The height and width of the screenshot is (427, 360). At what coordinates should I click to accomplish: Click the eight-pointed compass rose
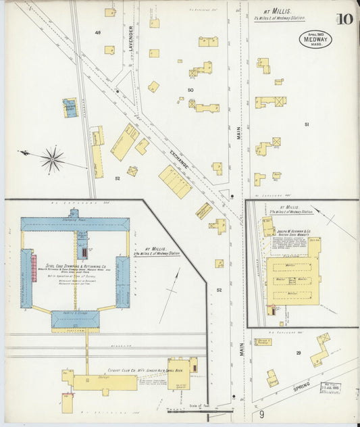(52, 159)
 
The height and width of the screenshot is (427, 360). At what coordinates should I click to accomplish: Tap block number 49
(98, 32)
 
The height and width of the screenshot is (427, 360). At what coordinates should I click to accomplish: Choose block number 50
(190, 90)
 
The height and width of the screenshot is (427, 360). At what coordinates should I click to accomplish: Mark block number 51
(307, 124)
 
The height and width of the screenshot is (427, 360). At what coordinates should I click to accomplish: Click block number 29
(297, 353)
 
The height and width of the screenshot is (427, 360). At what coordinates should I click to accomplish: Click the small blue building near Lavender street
(70, 107)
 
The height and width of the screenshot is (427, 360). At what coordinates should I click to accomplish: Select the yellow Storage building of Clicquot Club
(105, 382)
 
